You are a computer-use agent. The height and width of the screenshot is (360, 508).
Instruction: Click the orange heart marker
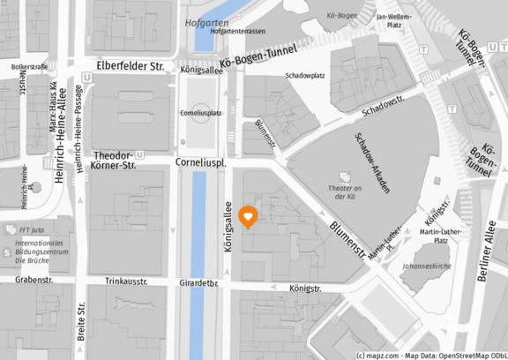tap(250, 216)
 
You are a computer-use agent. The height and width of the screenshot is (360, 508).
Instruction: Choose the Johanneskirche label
tap(425, 265)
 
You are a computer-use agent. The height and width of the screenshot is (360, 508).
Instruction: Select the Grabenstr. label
tap(34, 281)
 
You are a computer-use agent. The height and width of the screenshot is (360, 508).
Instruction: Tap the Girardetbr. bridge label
tap(198, 284)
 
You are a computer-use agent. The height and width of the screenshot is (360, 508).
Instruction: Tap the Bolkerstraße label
tap(29, 66)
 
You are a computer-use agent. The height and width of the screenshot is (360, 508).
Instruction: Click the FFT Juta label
tap(37, 230)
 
